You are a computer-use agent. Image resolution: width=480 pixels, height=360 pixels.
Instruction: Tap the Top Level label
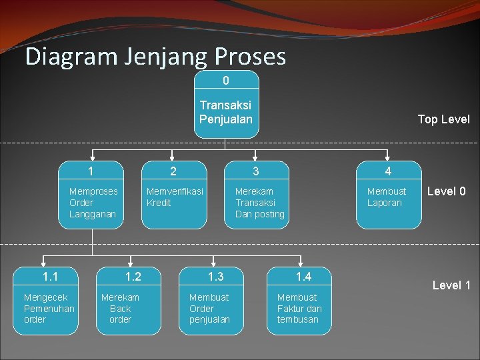(443, 119)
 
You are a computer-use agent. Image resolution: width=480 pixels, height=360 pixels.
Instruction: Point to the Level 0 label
(446, 191)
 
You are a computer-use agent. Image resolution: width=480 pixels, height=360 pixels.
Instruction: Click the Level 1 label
(451, 285)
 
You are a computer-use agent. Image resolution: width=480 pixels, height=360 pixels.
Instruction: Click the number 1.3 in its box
(215, 277)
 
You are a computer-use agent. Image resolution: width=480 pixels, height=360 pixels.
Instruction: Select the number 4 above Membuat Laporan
(388, 171)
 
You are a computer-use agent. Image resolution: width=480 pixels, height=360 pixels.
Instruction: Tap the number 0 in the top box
(226, 81)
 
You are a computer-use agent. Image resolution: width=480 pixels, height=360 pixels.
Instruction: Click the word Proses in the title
(250, 57)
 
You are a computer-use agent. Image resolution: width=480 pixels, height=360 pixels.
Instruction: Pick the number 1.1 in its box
(50, 277)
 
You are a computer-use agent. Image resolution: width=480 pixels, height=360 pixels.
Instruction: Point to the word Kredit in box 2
(159, 203)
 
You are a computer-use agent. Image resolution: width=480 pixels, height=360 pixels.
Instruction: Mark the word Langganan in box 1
(93, 214)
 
